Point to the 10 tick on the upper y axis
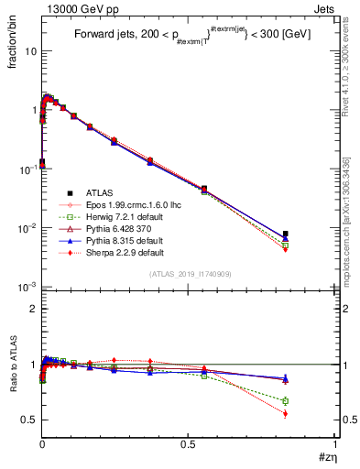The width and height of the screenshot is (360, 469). pyautogui.click(x=30, y=51)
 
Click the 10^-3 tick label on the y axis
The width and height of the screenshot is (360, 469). pyautogui.click(x=27, y=287)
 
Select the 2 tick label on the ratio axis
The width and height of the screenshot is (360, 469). pyautogui.click(x=33, y=309)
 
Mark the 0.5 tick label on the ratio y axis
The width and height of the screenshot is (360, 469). pyautogui.click(x=28, y=420)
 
